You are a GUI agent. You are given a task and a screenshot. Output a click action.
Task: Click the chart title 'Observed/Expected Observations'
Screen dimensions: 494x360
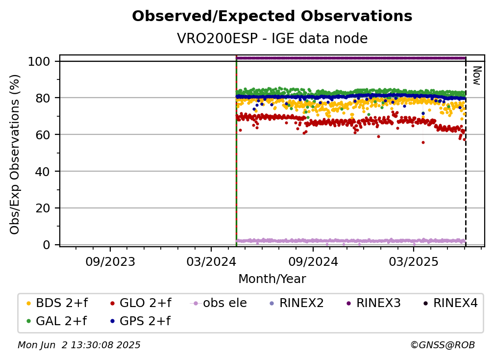pos(272,16)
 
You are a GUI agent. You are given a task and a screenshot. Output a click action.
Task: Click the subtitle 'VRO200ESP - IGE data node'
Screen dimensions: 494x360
pos(272,38)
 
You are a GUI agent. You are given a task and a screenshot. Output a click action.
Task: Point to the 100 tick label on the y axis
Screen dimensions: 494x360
pos(39,61)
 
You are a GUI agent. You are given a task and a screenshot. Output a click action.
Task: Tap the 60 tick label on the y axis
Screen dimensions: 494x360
pos(43,135)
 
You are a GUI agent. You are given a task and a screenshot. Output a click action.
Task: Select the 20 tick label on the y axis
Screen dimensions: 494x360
pos(43,208)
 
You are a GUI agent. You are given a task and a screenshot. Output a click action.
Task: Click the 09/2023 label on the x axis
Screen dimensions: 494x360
pos(110,261)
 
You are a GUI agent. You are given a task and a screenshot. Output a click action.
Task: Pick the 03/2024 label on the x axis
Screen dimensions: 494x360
pos(211,261)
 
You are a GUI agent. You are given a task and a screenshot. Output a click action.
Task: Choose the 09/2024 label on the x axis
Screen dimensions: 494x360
pos(313,261)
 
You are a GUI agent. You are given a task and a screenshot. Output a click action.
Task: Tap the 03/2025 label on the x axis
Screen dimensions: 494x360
pos(414,261)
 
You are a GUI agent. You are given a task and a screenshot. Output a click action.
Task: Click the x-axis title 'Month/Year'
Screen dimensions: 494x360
pos(272,279)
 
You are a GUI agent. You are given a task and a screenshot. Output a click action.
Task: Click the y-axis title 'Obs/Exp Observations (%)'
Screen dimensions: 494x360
pos(15,154)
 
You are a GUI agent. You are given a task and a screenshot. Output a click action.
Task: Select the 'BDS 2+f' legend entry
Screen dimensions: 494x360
pos(57,303)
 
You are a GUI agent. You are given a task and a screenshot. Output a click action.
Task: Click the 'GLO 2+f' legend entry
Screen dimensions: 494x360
pos(141,303)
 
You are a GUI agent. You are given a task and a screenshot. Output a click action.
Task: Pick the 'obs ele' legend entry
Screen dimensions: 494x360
pos(218,303)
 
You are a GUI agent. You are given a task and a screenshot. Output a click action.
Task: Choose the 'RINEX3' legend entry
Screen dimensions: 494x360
pos(373,303)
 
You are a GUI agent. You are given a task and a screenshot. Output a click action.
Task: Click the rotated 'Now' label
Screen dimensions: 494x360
pos(477,76)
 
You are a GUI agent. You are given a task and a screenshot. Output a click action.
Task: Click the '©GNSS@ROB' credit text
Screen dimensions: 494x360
pos(443,345)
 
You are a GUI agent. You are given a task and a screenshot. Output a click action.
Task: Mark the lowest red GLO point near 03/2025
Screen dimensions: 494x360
pos(423,143)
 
